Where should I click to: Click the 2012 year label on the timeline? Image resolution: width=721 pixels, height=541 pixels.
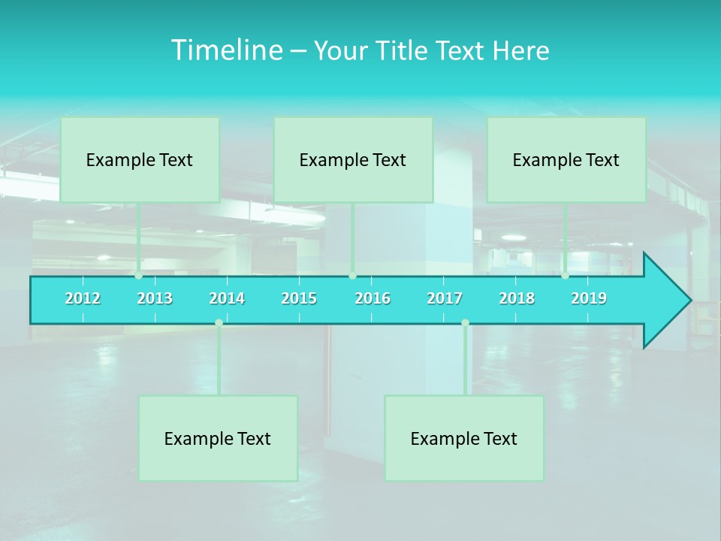point(83,298)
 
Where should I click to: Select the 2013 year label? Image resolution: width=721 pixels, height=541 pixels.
point(155,298)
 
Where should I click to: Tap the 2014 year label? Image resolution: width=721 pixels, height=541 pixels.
point(227,298)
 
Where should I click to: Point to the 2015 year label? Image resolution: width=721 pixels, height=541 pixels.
point(299,298)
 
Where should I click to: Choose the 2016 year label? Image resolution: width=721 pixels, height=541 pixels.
point(373,298)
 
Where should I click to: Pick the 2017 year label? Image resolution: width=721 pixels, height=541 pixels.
point(445,298)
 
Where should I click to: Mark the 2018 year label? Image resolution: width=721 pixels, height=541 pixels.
point(517,298)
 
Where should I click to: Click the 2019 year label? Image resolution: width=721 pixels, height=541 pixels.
point(589,298)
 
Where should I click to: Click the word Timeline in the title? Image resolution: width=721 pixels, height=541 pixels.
point(226,50)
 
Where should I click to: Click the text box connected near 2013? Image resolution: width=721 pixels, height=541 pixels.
point(140,159)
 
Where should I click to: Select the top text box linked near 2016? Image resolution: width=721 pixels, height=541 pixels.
point(353,159)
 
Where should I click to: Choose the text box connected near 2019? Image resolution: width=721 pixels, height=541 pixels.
point(566,159)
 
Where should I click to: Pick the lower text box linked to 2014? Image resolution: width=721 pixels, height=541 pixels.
point(218,438)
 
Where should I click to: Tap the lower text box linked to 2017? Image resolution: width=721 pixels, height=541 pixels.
point(464,438)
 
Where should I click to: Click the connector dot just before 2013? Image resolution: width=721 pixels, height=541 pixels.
point(138,275)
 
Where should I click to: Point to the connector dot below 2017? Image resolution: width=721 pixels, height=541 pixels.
point(465,323)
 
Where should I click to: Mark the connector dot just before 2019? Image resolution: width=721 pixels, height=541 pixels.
point(565,275)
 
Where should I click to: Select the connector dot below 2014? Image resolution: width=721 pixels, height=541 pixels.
point(219,323)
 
